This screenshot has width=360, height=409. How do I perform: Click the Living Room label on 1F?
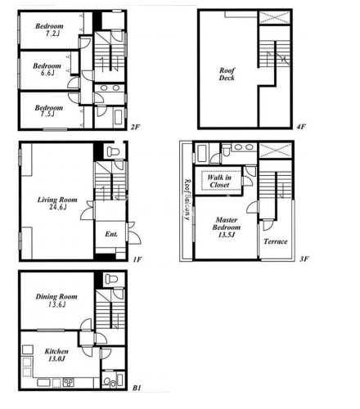[x=57, y=203]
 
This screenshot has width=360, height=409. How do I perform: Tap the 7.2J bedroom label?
[x=49, y=29]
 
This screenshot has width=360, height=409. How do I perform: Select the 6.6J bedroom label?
[x=47, y=70]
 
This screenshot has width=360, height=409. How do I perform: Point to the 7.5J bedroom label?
[x=48, y=110]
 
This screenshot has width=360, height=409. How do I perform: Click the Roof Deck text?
[x=227, y=74]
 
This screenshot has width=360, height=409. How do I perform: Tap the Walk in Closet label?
[x=219, y=181]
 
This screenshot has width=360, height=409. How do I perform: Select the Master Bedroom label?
[x=227, y=227]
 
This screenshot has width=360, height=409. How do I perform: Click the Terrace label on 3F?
[x=276, y=241]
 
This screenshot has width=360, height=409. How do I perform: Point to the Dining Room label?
[x=56, y=300]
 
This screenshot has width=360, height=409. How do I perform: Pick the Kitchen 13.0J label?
[x=56, y=355]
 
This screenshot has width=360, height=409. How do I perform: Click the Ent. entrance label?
[x=111, y=234]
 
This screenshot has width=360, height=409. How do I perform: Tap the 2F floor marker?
[x=135, y=127]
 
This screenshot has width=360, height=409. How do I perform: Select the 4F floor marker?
[x=301, y=127]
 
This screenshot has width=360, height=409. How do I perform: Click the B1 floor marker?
[x=137, y=388]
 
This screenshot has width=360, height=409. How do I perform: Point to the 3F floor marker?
[x=304, y=258]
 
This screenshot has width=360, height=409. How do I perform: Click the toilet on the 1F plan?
[x=112, y=151]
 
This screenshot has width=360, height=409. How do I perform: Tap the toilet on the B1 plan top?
[x=111, y=279]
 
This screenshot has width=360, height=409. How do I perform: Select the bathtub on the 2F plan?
[x=119, y=117]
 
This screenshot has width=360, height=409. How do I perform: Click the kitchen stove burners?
[x=69, y=382]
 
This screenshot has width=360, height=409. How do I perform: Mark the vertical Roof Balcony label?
[x=187, y=200]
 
